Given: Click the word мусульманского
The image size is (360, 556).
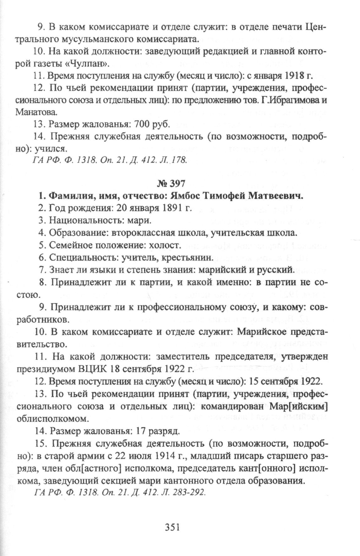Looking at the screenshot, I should (x=96, y=39).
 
